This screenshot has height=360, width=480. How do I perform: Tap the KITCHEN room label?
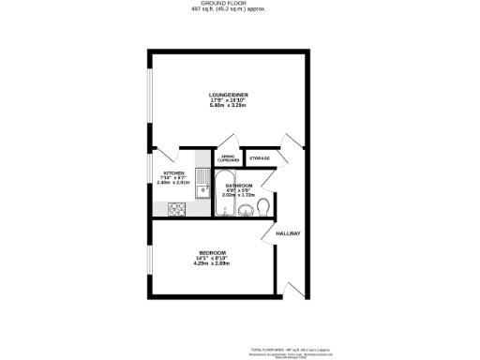pyautogui.click(x=174, y=173)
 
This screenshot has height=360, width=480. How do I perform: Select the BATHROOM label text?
pyautogui.click(x=239, y=186)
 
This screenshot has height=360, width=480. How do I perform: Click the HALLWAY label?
pyautogui.click(x=288, y=232)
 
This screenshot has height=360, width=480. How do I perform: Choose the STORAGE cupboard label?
pyautogui.click(x=260, y=158)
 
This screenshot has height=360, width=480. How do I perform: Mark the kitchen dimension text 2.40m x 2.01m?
pyautogui.click(x=174, y=183)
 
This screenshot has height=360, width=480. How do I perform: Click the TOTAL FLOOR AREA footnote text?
pyautogui.click(x=281, y=346)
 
